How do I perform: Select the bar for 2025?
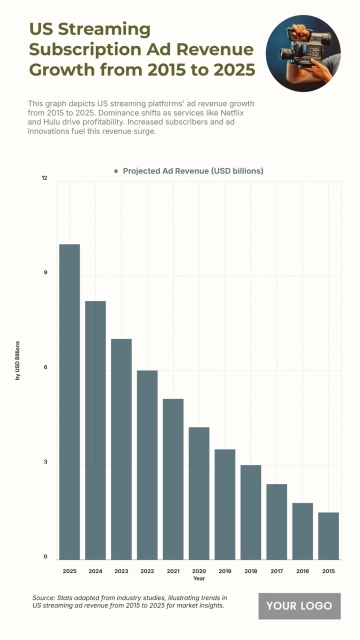[x=69, y=401]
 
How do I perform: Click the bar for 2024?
[x=95, y=430]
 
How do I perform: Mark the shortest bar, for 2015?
[x=329, y=535]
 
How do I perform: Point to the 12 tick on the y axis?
[x=44, y=178]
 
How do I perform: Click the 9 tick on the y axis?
[x=45, y=273]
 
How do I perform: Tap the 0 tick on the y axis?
[x=45, y=557]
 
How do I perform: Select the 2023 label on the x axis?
[x=121, y=570]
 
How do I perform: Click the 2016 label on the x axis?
[x=303, y=570]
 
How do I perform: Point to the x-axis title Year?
[x=199, y=579]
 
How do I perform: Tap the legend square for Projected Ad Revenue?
[x=117, y=171]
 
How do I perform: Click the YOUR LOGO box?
[x=299, y=605]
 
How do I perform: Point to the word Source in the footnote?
[x=45, y=597]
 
